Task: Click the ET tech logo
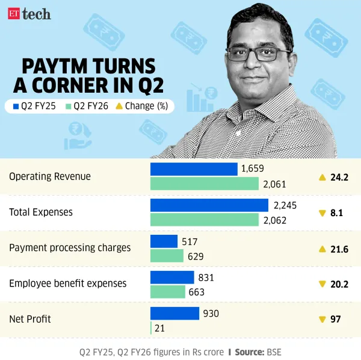(x=29, y=14)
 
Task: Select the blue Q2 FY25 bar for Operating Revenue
(x=193, y=169)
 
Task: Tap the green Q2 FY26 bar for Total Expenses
(x=205, y=220)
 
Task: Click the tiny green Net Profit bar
(x=151, y=328)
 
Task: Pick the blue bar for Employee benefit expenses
(x=171, y=278)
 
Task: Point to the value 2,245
(x=285, y=205)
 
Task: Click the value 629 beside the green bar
(x=196, y=256)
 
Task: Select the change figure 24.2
(x=340, y=177)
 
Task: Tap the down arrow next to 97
(x=322, y=319)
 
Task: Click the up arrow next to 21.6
(x=322, y=248)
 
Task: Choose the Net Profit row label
(x=30, y=319)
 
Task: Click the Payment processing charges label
(x=70, y=248)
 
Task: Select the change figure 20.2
(x=340, y=284)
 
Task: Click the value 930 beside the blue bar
(x=211, y=314)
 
